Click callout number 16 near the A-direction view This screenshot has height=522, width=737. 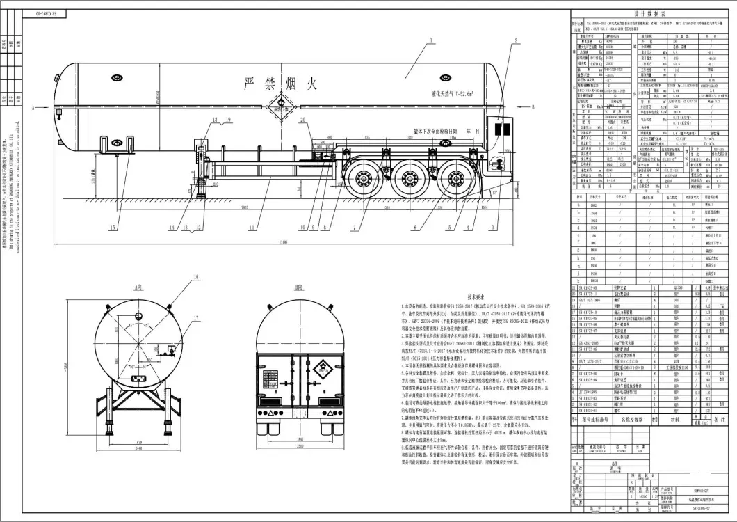[x=196, y=277]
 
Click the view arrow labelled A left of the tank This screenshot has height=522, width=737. [x=33, y=109]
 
